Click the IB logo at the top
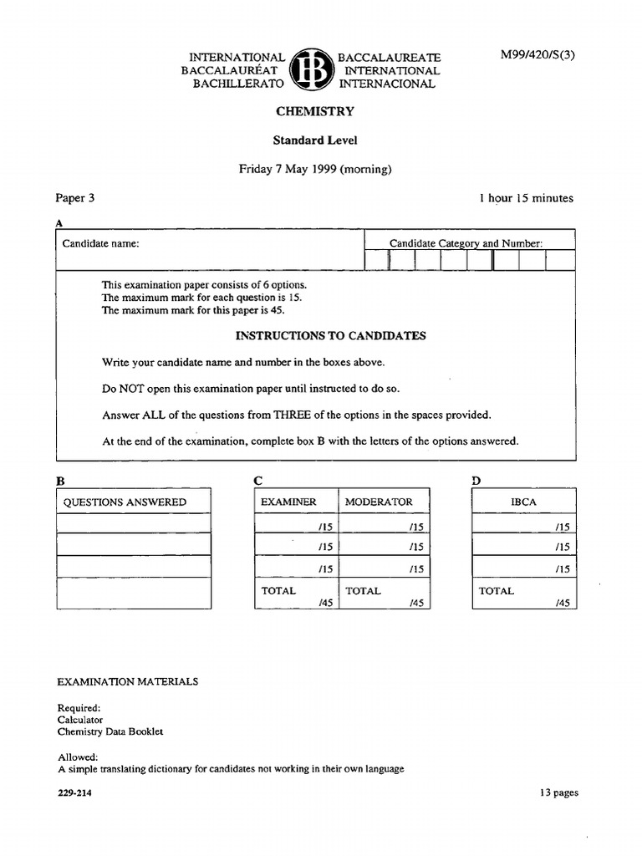[312, 69]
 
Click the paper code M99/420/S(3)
[538, 55]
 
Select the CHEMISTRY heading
[315, 111]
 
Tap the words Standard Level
[315, 140]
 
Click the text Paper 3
[75, 198]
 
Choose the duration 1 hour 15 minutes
[526, 198]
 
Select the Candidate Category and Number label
[466, 244]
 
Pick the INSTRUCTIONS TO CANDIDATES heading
[330, 336]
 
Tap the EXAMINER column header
[288, 502]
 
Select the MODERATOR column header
[379, 502]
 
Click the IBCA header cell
[523, 502]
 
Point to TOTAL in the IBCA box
[496, 590]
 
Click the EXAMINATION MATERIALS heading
[128, 681]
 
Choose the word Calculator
[80, 719]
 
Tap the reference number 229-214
[74, 793]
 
